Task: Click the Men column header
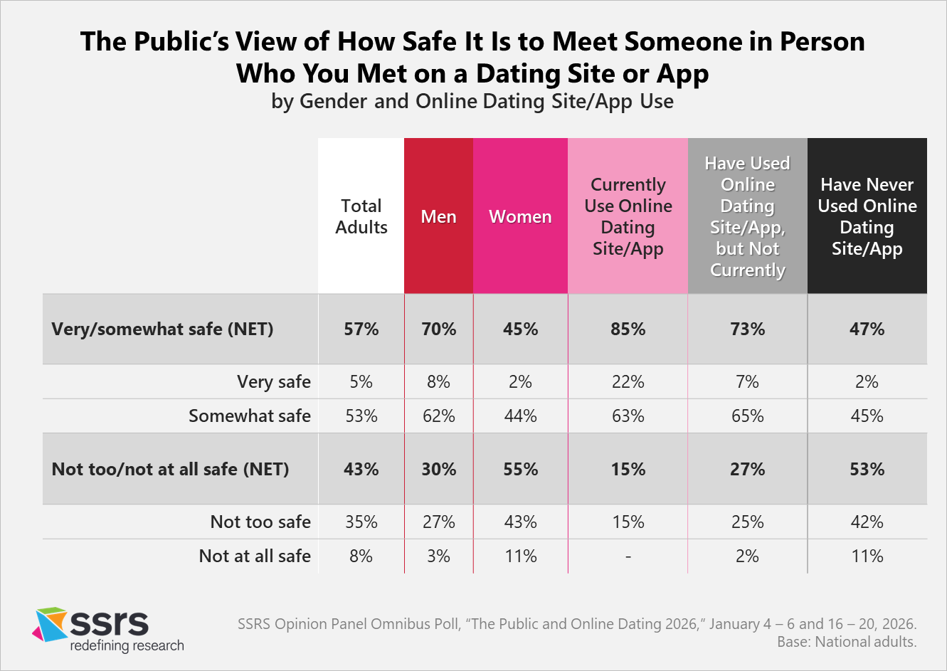click(x=438, y=216)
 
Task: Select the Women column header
click(x=520, y=216)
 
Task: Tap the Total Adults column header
click(x=361, y=216)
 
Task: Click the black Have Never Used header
click(x=867, y=216)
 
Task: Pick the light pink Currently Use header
click(x=628, y=216)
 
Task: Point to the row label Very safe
click(x=274, y=382)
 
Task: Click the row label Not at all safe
click(x=255, y=556)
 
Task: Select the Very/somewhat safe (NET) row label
click(x=162, y=329)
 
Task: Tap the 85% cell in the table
click(x=628, y=329)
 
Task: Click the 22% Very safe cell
click(x=628, y=382)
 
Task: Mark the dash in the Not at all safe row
click(x=628, y=556)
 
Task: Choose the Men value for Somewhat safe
click(x=438, y=416)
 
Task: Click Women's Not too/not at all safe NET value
click(x=520, y=470)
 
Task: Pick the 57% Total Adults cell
click(x=361, y=329)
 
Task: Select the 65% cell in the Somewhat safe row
click(x=747, y=416)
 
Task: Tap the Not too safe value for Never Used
click(x=867, y=522)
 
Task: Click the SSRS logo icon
click(x=50, y=624)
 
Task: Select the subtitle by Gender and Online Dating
click(x=472, y=102)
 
